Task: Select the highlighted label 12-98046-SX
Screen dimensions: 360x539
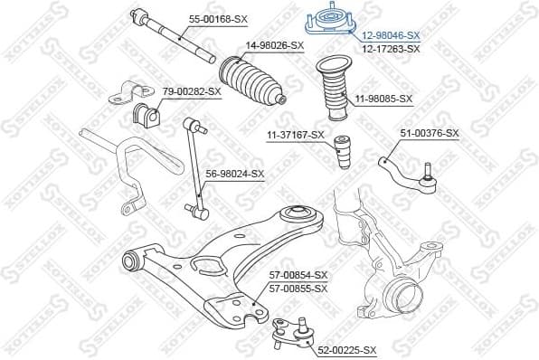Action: (x=391, y=35)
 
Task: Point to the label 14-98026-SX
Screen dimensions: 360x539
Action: (x=274, y=45)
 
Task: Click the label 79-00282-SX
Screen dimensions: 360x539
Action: (x=192, y=91)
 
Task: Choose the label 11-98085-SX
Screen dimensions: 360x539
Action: (x=383, y=99)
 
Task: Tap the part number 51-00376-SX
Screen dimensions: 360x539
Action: (x=430, y=133)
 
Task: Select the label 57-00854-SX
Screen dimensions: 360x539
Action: (x=298, y=275)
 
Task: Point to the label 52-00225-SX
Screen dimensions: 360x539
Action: (x=346, y=349)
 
